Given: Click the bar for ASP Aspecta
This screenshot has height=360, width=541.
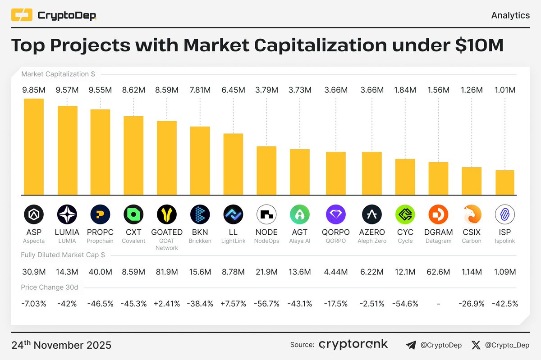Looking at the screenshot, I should (x=34, y=146).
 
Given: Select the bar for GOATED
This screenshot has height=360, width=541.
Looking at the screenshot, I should (x=167, y=158).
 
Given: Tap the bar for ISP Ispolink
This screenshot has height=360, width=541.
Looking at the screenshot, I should (x=504, y=182).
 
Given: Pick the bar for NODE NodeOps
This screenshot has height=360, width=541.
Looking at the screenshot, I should (x=266, y=170).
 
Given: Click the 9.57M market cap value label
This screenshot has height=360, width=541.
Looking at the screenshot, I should (x=67, y=90).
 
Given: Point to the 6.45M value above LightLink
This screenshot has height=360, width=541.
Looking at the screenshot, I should (x=234, y=90).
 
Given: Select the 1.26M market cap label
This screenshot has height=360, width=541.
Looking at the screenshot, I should (x=471, y=90).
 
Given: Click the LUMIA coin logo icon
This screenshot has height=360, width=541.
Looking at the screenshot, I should (x=67, y=214).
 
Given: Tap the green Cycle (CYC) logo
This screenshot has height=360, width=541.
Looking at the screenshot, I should (x=405, y=214).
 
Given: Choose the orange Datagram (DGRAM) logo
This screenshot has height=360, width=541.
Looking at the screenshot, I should (x=438, y=214).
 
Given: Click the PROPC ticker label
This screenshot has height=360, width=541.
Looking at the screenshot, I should (x=100, y=232).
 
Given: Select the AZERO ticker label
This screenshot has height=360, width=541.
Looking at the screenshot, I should (x=371, y=232).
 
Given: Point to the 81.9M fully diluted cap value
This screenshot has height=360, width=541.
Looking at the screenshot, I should (x=167, y=272).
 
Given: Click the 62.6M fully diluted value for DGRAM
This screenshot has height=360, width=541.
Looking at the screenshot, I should (x=438, y=272).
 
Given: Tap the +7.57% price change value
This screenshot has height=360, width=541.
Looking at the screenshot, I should (x=234, y=304).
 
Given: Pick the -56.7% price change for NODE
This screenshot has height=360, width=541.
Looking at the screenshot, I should (x=266, y=304).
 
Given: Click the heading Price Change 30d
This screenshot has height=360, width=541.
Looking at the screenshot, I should (x=49, y=287).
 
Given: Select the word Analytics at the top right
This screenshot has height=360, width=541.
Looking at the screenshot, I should (x=510, y=15).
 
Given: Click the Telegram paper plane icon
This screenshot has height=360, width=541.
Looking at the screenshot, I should (x=411, y=345).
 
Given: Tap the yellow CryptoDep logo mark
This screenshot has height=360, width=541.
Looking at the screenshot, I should (x=22, y=16).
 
